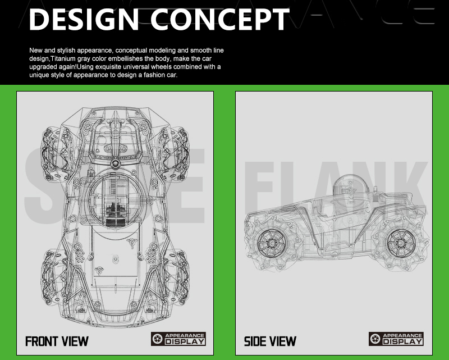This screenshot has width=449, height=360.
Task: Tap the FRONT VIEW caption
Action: (57, 340)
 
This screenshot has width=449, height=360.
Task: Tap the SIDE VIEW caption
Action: (270, 341)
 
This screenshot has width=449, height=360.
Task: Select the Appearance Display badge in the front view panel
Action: (178, 339)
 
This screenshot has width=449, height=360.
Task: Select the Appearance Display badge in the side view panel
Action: (396, 339)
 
